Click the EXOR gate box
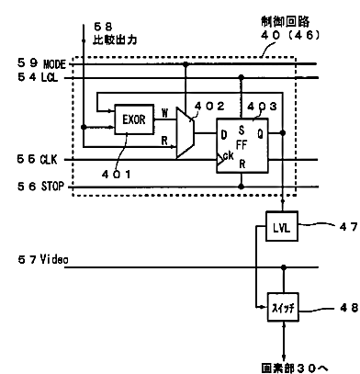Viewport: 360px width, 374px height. pos(134,119)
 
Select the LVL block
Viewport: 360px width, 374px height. pos(282,226)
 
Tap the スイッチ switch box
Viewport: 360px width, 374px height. pos(283,307)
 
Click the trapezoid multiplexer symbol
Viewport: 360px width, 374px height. pos(185,132)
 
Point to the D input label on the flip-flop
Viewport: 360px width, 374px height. pos(224,134)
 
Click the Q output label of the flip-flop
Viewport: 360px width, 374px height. pos(260,133)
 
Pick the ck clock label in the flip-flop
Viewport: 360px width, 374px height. pos(228,156)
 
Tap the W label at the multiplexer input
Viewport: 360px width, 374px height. pos(164,113)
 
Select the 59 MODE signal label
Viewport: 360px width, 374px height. pos(41,63)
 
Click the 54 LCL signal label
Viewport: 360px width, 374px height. pos(38,77)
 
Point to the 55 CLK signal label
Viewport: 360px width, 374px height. pos(37,159)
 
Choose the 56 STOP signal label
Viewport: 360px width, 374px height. pos(40,187)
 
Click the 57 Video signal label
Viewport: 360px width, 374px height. pos(43,259)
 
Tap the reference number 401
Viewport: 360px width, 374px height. pos(117,175)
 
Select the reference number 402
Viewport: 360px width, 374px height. pos(209,107)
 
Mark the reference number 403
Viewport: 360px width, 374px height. pos(262,107)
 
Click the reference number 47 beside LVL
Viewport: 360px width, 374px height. pos(348,227)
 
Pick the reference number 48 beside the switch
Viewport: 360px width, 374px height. pos(349,308)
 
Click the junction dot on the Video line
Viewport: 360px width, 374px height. pos(284,267)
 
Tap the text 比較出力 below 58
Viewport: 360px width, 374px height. pos(115,40)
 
